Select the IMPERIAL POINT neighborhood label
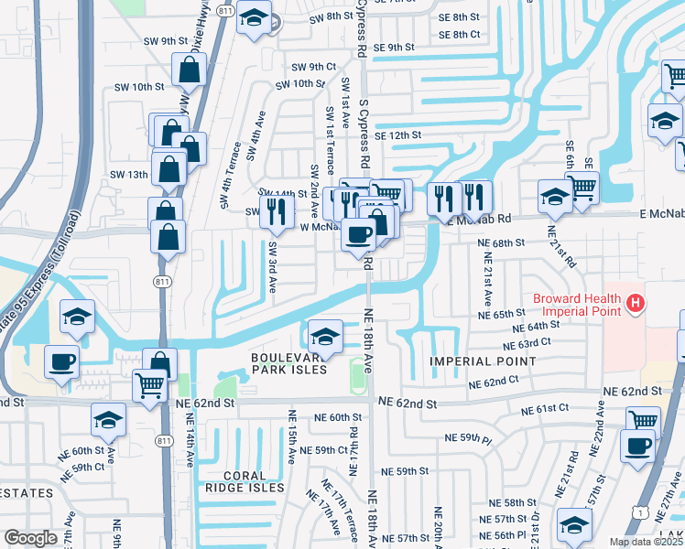tap(483, 361)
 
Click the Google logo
tap(30, 538)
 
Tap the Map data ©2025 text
tap(646, 542)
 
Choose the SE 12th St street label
tap(397, 135)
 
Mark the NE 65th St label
tap(501, 314)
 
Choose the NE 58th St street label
tap(512, 502)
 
